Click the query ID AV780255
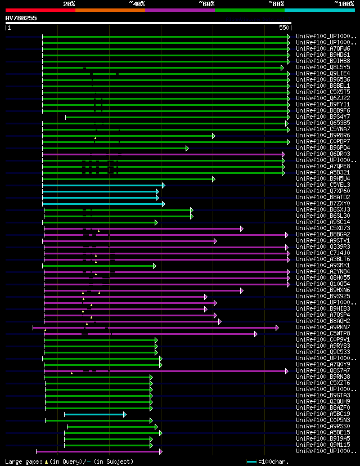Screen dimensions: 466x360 click(x=21, y=18)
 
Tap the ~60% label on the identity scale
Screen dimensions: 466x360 click(x=206, y=3)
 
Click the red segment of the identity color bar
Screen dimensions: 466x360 click(x=40, y=10)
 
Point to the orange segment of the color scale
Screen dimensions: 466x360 click(x=110, y=10)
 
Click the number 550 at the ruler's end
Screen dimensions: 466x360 click(x=284, y=28)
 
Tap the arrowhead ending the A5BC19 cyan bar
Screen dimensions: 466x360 click(x=124, y=414)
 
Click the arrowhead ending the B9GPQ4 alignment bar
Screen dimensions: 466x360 click(x=187, y=148)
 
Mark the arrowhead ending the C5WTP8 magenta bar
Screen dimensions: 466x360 click(x=255, y=334)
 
